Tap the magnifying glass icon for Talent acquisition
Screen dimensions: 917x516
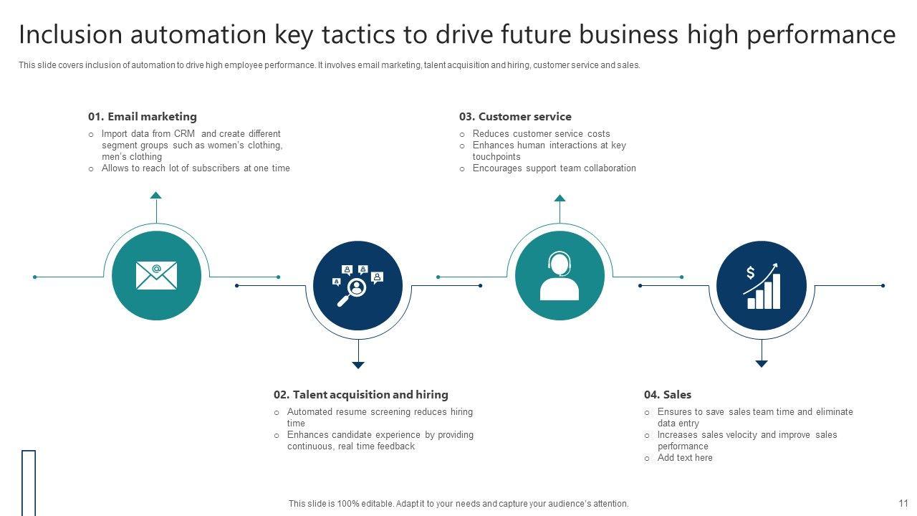click(x=356, y=288)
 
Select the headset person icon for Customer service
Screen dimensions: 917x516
click(x=560, y=276)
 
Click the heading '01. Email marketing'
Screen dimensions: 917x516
click(x=142, y=117)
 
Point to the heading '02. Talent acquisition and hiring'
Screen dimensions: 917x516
click(x=360, y=395)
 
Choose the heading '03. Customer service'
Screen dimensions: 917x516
click(x=515, y=117)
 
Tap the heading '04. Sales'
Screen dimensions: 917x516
click(x=667, y=395)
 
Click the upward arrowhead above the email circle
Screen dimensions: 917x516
click(x=155, y=195)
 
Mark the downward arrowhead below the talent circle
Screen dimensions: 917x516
click(x=358, y=365)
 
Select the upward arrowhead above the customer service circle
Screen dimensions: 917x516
click(x=560, y=198)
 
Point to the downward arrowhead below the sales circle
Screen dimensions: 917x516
click(x=762, y=364)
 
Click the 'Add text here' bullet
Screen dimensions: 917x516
click(x=685, y=458)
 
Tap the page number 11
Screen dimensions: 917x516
click(x=903, y=503)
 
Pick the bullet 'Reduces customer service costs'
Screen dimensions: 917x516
click(x=541, y=134)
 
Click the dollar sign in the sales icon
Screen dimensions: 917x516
click(x=750, y=272)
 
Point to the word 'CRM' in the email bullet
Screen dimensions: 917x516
click(x=184, y=134)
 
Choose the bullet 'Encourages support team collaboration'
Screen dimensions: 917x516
click(x=554, y=168)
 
